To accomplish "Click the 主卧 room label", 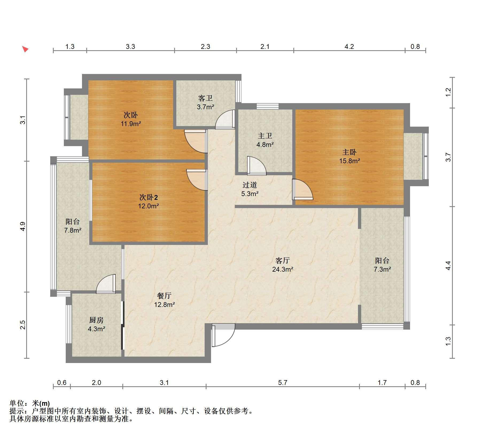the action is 349,152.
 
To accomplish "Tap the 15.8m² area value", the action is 349,161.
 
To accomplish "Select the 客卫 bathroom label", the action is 205,98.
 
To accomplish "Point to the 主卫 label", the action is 265,136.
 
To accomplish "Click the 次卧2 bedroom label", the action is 149,197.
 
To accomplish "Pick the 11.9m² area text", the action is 131,124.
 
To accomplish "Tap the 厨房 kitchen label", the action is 96,320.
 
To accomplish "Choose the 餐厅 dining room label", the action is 164,296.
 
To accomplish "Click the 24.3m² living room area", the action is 283,269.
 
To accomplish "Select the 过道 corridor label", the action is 250,185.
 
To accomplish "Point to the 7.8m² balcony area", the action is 73,230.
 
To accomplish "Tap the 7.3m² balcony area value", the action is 382,269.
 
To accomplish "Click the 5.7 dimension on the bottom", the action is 283,383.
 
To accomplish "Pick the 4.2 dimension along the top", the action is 349,47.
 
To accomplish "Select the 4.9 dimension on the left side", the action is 23,227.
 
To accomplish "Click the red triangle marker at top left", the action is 25,49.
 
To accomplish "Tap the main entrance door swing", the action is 223,335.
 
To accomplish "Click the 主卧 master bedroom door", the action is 302,189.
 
